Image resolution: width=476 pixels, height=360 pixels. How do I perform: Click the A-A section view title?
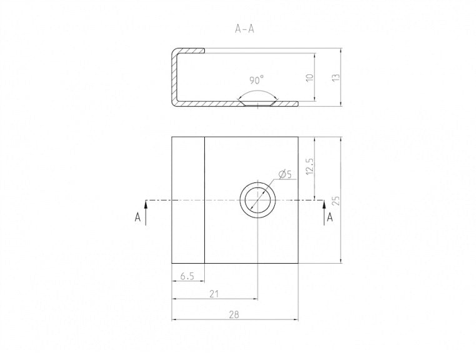[244, 29]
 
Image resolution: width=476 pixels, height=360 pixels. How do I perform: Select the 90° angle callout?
[257, 81]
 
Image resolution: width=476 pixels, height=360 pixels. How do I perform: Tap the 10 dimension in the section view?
[310, 77]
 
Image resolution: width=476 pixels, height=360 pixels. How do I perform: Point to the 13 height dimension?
[335, 77]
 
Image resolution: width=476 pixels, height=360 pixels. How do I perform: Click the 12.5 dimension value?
[310, 166]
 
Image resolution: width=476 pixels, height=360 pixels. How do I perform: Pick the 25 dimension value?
[336, 201]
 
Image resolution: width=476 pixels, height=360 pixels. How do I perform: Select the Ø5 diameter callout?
[285, 174]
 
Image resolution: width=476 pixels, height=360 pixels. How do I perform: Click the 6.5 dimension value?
[187, 276]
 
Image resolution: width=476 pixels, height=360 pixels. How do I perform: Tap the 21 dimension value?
[214, 294]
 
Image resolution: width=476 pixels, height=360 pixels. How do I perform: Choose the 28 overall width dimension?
[234, 314]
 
